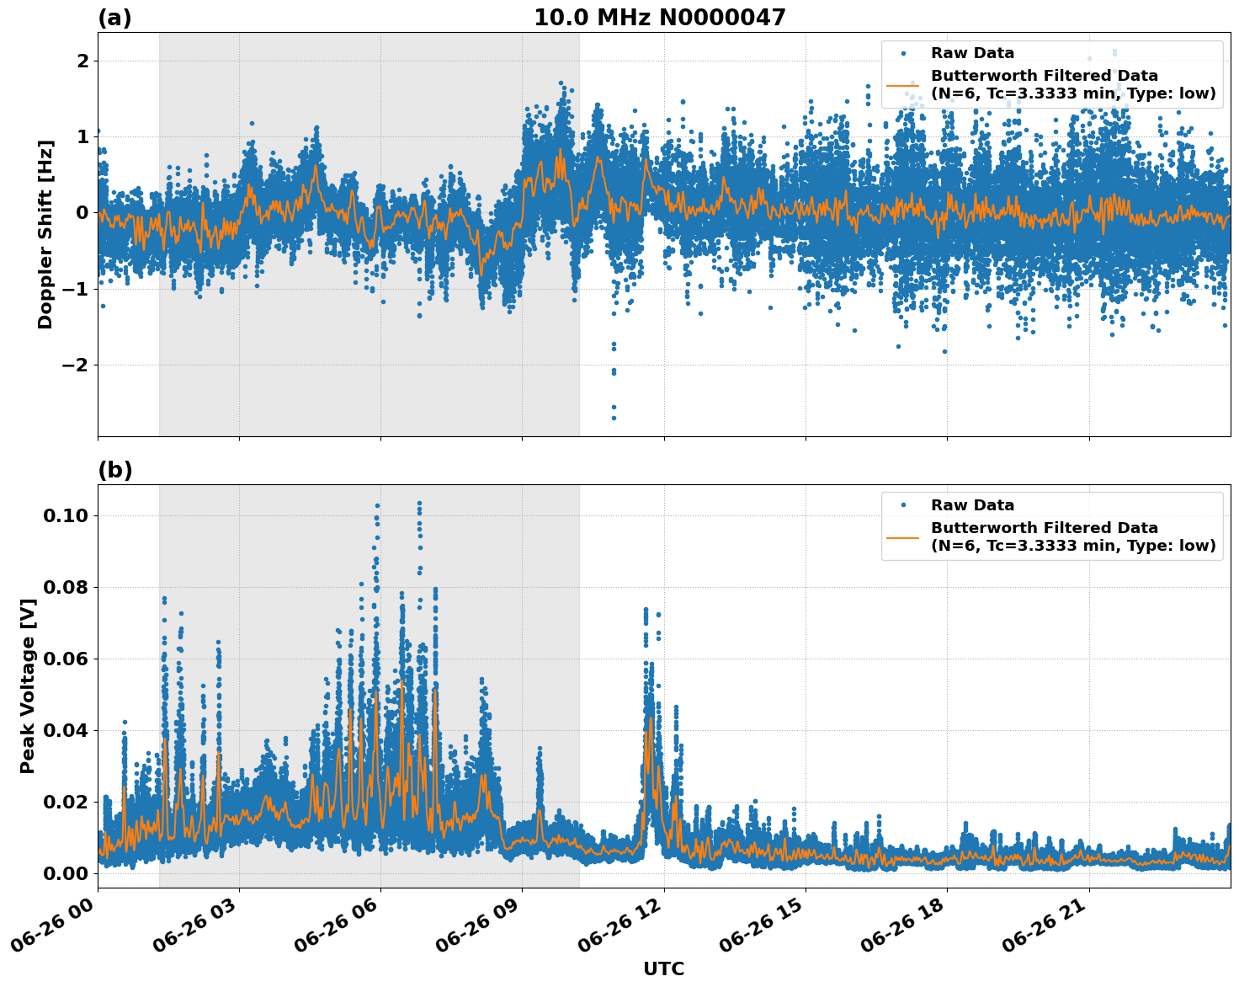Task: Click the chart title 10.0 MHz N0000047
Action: [660, 18]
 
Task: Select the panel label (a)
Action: [114, 18]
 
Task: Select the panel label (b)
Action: [114, 470]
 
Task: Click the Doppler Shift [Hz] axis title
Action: [45, 234]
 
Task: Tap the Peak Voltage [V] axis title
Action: [28, 704]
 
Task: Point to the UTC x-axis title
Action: [663, 968]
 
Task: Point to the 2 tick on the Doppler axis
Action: [82, 61]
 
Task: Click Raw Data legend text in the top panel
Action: [972, 53]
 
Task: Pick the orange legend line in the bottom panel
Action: [903, 537]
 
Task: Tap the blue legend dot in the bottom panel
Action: [903, 505]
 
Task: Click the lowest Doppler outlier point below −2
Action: [614, 418]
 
